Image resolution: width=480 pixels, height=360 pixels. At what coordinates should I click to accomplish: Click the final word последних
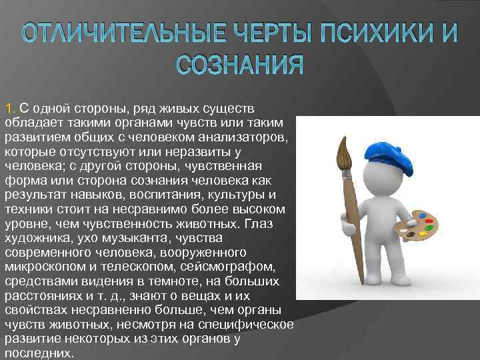click(x=38, y=354)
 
